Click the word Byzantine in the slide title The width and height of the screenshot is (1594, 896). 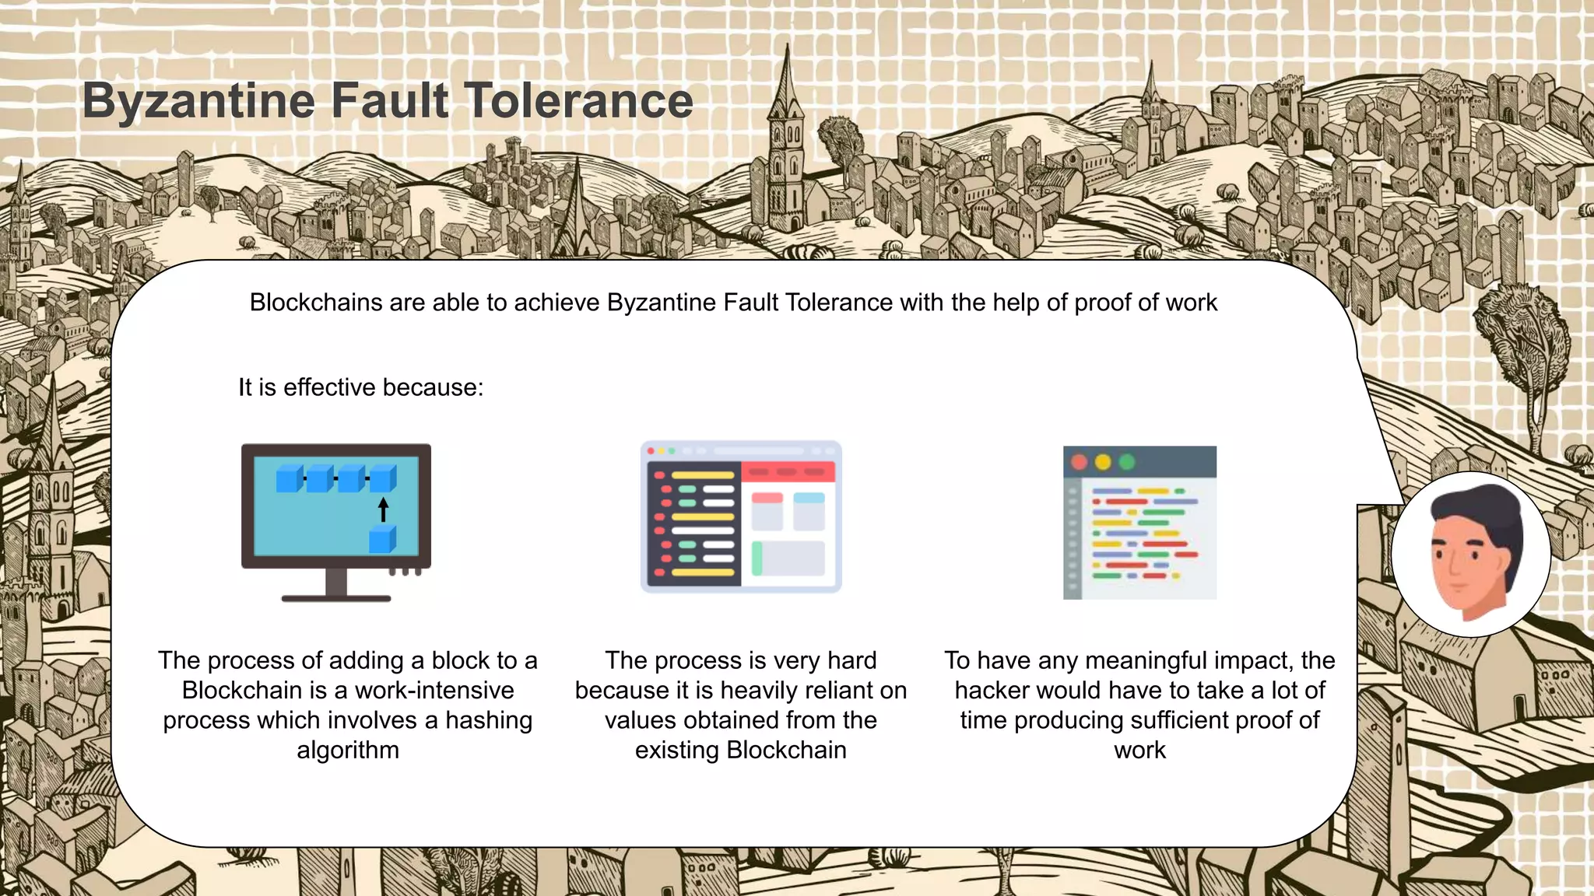tap(199, 101)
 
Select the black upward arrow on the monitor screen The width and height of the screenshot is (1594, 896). tap(383, 510)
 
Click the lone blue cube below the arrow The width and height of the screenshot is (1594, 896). tap(382, 539)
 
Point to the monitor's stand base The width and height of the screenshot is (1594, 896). tap(336, 598)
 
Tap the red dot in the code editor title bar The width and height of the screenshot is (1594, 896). tap(1079, 462)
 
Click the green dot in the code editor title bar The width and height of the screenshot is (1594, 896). tap(1126, 462)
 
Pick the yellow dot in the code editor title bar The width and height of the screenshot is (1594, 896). tap(1103, 462)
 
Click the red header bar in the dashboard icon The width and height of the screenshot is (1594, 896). tap(788, 471)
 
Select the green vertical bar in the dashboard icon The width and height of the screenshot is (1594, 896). tap(757, 558)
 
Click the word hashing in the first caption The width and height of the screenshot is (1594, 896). tap(489, 720)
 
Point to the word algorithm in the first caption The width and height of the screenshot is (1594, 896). tap(348, 750)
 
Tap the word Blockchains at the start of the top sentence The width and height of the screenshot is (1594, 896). tap(316, 303)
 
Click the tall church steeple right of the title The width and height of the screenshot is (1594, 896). tap(786, 140)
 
